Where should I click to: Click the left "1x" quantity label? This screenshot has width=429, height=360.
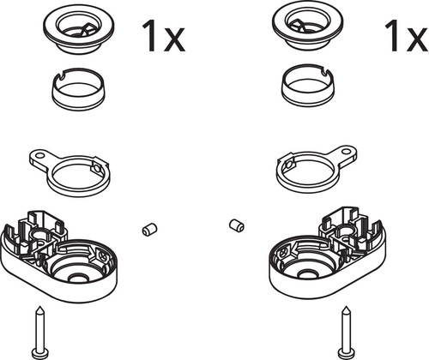coord(163,36)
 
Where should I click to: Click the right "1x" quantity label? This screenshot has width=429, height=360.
coord(407,36)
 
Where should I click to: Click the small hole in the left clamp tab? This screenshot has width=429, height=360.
coord(40,156)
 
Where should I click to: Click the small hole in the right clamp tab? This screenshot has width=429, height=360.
coord(347,150)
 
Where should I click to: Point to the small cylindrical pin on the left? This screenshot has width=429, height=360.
coord(149,230)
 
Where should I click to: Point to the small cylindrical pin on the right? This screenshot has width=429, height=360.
coord(237,225)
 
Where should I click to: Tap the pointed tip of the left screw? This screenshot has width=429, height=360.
coord(40,307)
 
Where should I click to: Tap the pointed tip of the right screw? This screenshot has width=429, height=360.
coord(347,307)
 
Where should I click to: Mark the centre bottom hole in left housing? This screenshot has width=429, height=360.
coord(76,278)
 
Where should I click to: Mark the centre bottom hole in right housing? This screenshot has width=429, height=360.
coord(307,274)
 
